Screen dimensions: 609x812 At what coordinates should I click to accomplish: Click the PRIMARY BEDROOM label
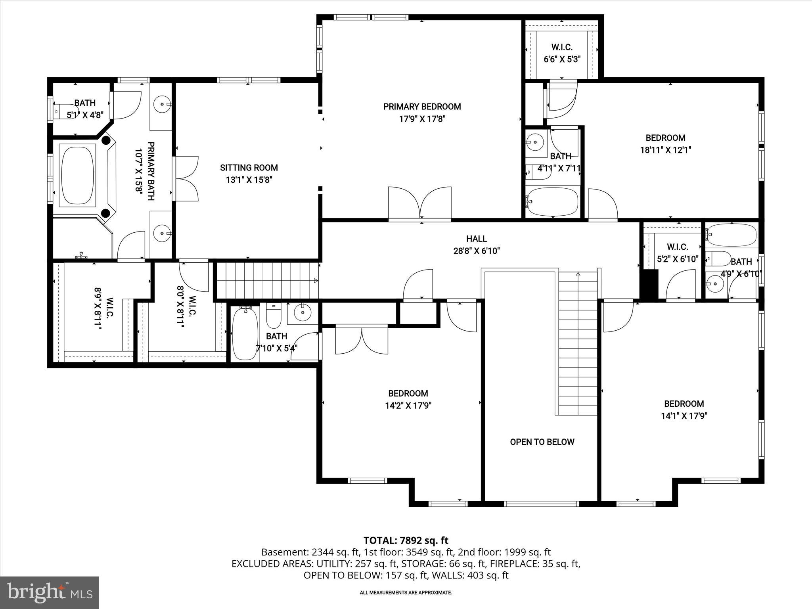422,107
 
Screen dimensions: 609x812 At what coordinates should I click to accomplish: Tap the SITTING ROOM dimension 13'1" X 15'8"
249,180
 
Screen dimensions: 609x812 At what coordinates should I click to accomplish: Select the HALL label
476,239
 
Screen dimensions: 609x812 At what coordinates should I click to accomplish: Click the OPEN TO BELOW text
542,442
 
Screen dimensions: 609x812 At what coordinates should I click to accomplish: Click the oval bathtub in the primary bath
77,175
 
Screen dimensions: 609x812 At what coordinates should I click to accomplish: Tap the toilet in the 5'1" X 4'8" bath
63,111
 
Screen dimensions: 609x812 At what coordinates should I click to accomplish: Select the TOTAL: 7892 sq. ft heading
406,540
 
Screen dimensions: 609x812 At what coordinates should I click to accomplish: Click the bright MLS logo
50,593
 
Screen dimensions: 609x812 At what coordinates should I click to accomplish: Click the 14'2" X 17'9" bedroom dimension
408,406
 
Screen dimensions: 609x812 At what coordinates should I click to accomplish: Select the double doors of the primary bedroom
420,203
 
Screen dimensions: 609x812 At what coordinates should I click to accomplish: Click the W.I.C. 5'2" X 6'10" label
677,253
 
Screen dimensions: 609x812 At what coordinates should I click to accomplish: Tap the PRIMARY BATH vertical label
145,171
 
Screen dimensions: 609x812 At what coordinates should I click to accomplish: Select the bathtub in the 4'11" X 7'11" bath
552,202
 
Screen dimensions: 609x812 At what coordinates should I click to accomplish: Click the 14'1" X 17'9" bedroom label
684,410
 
